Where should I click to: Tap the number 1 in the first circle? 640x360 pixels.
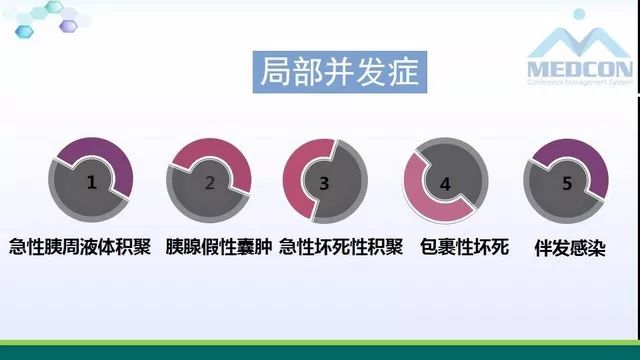coord(92,183)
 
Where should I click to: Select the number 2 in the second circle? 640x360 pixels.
coord(209,183)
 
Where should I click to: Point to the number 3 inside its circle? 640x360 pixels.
coord(324,183)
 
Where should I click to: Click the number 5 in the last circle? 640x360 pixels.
coord(567,183)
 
